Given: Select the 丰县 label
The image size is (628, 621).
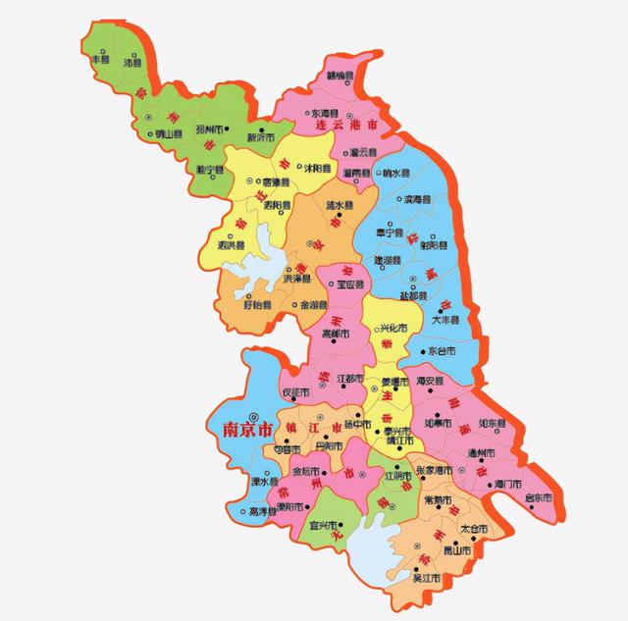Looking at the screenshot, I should pyautogui.click(x=99, y=60).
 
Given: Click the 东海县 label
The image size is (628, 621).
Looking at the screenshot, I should pyautogui.click(x=325, y=114).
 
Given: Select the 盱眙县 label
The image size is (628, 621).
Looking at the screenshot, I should pyautogui.click(x=253, y=305).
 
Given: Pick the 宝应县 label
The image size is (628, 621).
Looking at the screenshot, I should pyautogui.click(x=350, y=285).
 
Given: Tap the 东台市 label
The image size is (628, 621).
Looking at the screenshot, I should pyautogui.click(x=444, y=349).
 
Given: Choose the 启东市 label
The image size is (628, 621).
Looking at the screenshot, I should pyautogui.click(x=537, y=497).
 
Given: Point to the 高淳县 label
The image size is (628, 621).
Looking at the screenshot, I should pyautogui.click(x=264, y=511).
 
